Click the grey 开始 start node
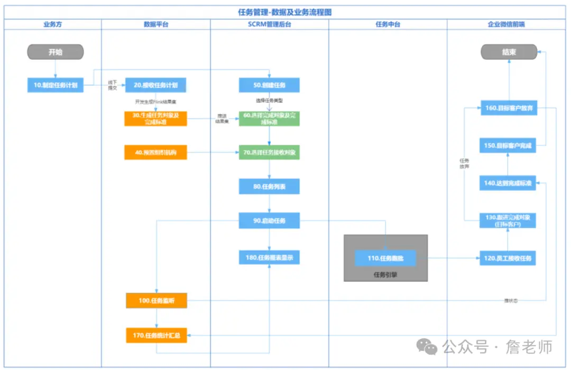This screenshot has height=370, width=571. pyautogui.click(x=56, y=52)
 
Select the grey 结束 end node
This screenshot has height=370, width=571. pyautogui.click(x=509, y=52)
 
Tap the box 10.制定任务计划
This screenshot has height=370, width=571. pyautogui.click(x=56, y=85)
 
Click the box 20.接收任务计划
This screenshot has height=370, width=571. pyautogui.click(x=155, y=85)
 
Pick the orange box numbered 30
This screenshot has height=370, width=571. pyautogui.click(x=155, y=118)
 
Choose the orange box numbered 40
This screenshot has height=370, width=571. pyautogui.click(x=155, y=152)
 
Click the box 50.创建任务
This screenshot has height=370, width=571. pyautogui.click(x=269, y=85)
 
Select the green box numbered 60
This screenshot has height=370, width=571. pyautogui.click(x=269, y=118)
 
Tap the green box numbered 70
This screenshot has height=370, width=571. pyautogui.click(x=269, y=152)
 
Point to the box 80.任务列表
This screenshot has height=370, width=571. pyautogui.click(x=269, y=186)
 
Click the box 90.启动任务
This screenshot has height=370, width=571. pyautogui.click(x=269, y=220)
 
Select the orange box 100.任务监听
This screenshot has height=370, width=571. pyautogui.click(x=156, y=301)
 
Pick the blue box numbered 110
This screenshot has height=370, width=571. pyautogui.click(x=385, y=258)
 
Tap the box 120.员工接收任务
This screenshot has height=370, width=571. pyautogui.click(x=508, y=258)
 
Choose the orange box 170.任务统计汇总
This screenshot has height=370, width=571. pyautogui.click(x=156, y=335)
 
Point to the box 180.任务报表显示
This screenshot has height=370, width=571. pyautogui.click(x=269, y=258)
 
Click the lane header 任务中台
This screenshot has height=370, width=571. pyautogui.click(x=388, y=24)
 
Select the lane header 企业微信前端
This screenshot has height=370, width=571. pyautogui.click(x=506, y=24)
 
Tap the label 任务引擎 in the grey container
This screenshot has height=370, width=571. pyautogui.click(x=385, y=274)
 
